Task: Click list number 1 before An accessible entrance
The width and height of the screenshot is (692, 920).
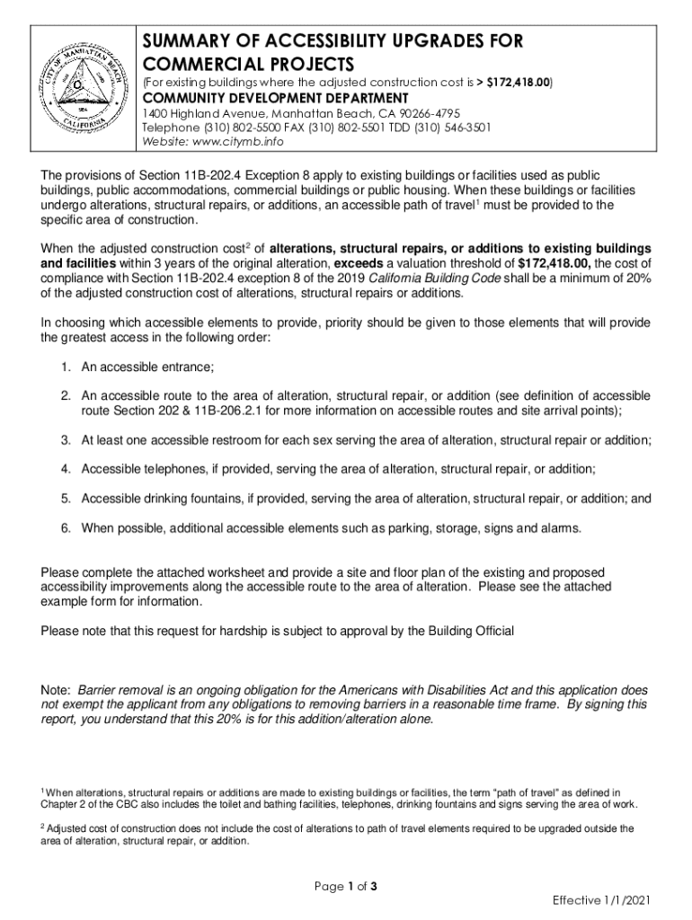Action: pyautogui.click(x=66, y=367)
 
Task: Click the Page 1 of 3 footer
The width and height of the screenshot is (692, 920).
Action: pyautogui.click(x=345, y=888)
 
